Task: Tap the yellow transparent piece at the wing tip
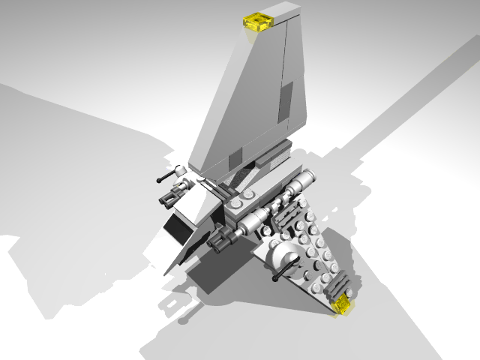click(x=343, y=304)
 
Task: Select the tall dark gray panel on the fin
click(x=286, y=102)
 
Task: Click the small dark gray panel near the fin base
click(x=235, y=158)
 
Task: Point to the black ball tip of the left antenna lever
click(x=160, y=179)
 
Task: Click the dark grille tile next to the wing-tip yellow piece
click(x=339, y=285)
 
